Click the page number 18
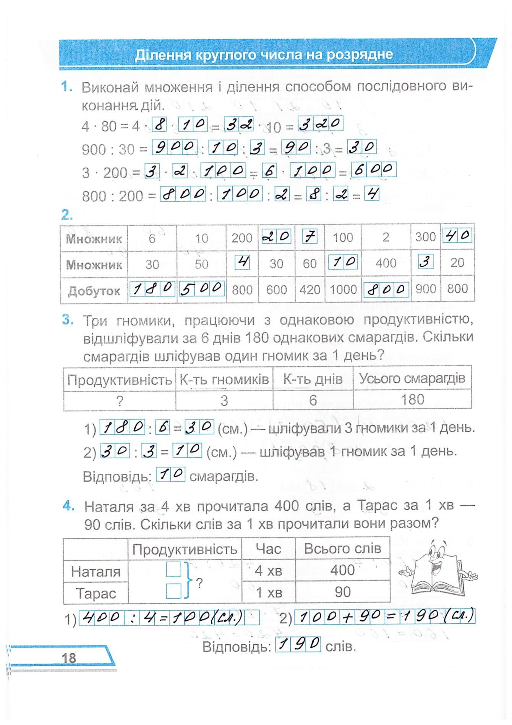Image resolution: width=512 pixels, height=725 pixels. pyautogui.click(x=69, y=658)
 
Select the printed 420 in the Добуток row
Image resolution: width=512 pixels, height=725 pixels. pyautogui.click(x=309, y=290)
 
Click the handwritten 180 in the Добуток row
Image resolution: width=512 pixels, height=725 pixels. pyautogui.click(x=152, y=289)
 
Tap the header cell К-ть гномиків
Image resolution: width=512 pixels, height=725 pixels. pyautogui.click(x=224, y=379)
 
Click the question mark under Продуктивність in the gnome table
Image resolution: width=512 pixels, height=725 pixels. pyautogui.click(x=120, y=400)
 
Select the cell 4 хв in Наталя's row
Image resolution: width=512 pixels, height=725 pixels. pyautogui.click(x=268, y=571)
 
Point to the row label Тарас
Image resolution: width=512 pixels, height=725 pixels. pyautogui.click(x=96, y=593)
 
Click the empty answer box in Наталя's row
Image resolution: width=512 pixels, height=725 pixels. pyautogui.click(x=173, y=570)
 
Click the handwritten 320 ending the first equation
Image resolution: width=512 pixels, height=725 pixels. pyautogui.click(x=320, y=124)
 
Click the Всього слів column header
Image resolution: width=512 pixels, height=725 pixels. pyautogui.click(x=342, y=549)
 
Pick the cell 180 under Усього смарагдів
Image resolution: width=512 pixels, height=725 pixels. pyautogui.click(x=412, y=400)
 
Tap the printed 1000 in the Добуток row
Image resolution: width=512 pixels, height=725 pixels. pyautogui.click(x=343, y=290)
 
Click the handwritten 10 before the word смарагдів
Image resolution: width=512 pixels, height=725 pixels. pyautogui.click(x=171, y=475)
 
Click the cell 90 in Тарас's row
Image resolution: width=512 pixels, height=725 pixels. pyautogui.click(x=342, y=592)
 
